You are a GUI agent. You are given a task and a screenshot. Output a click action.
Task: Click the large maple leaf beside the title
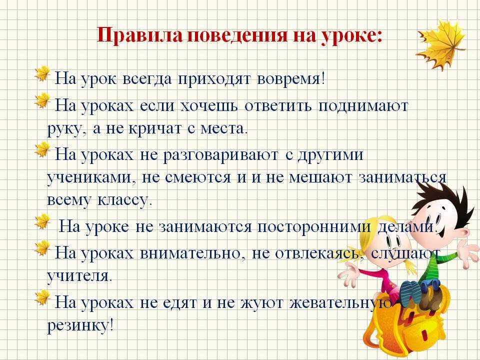click(441, 45)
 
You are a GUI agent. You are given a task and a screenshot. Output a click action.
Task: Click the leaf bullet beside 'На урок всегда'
click(42, 73)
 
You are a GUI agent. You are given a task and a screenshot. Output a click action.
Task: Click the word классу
click(125, 200)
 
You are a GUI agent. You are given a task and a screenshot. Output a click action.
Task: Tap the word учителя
click(79, 276)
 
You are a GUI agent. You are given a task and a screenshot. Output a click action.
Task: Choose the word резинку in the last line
click(80, 325)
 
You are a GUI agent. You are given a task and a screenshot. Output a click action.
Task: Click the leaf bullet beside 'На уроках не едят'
click(42, 298)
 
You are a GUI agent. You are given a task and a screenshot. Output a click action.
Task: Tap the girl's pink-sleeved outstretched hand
click(348, 273)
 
